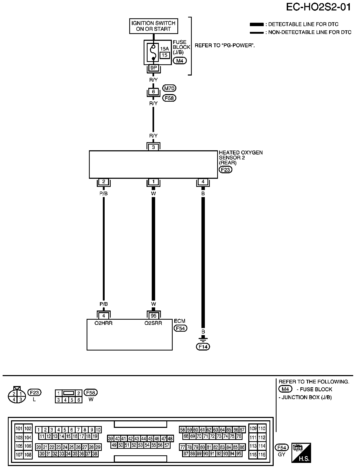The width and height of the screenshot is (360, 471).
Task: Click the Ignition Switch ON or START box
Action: click(x=154, y=26)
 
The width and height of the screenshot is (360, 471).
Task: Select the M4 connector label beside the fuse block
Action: click(x=180, y=61)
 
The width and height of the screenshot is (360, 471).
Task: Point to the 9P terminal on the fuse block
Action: click(x=154, y=68)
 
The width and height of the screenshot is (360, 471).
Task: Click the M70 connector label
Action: click(x=169, y=88)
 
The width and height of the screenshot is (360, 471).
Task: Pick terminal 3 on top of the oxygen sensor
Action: click(x=153, y=147)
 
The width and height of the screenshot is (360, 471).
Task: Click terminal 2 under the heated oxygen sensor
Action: click(x=104, y=182)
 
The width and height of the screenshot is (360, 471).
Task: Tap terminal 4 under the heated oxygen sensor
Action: click(x=203, y=182)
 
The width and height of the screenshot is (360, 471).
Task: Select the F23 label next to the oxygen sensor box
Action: click(x=225, y=169)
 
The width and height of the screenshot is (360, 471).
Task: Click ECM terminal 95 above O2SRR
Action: click(x=153, y=316)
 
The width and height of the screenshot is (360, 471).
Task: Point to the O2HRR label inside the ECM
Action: click(x=104, y=323)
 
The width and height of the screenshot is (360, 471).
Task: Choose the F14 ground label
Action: click(x=203, y=347)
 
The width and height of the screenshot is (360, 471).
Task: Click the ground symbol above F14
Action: click(x=203, y=339)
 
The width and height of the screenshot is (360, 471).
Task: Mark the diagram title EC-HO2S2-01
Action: click(x=318, y=7)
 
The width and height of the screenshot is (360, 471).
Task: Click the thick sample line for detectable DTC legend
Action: click(x=257, y=25)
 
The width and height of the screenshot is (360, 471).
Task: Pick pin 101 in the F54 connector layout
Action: click(x=19, y=429)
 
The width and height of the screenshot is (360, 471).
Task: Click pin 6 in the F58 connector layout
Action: click(x=78, y=400)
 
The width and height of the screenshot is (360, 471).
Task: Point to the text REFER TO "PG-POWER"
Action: click(x=225, y=45)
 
